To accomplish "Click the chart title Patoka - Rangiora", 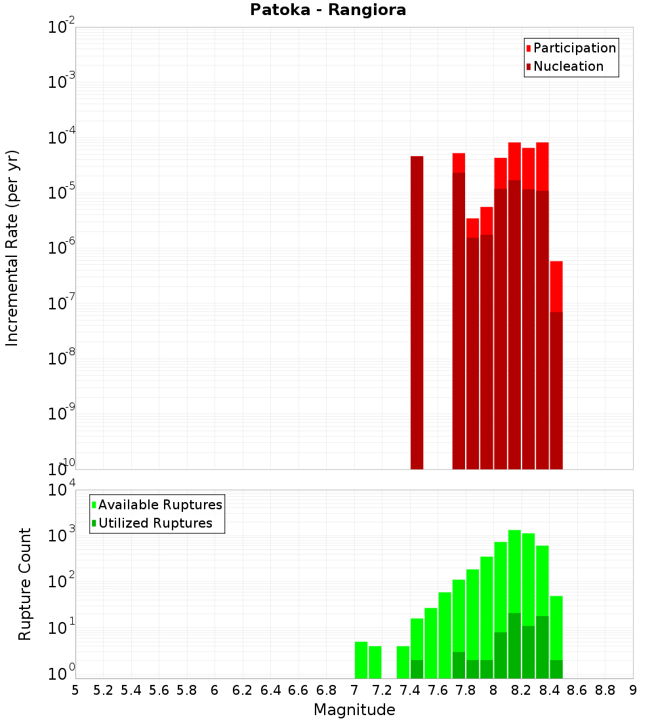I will (328, 10).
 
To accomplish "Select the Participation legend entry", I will (571, 48).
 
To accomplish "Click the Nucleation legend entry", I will (564, 66).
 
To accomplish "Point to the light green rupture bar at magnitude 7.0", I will (361, 660).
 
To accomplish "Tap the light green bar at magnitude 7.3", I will (403, 662).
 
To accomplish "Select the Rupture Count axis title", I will (25, 583).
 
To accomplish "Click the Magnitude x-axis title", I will (354, 710).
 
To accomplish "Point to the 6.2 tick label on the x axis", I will (243, 690).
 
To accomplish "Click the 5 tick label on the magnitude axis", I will (75, 690).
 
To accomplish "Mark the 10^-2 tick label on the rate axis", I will (62, 28).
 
